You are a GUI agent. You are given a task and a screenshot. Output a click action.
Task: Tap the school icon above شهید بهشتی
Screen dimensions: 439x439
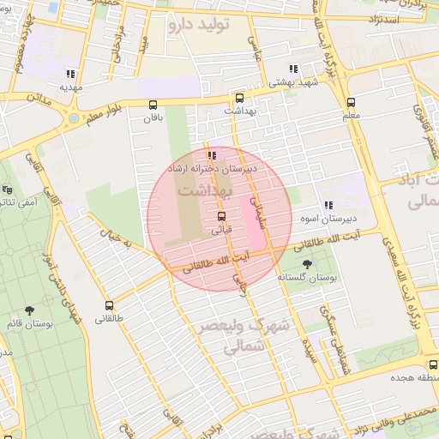(x=293, y=69)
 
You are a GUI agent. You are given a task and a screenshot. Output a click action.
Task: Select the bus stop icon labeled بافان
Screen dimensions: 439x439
(x=153, y=105)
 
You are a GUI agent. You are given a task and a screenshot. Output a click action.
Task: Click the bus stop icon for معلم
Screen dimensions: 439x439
(x=350, y=102)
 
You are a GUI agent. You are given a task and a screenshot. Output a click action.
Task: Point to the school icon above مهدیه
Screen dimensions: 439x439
(x=70, y=74)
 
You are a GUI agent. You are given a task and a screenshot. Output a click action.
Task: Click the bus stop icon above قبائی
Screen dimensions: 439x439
(x=222, y=216)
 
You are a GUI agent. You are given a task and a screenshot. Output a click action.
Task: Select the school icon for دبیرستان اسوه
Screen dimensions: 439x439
(x=328, y=205)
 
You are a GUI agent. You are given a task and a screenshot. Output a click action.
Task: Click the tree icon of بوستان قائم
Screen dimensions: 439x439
(x=30, y=310)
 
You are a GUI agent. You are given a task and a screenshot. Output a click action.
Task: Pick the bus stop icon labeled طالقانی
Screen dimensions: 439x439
(x=109, y=305)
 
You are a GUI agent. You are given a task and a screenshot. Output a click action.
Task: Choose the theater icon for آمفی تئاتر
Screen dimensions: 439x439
(x=8, y=189)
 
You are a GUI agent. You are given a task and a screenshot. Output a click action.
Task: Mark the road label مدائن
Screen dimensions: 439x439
(x=33, y=99)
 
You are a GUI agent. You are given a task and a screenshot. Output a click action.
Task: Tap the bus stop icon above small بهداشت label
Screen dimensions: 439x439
(x=239, y=97)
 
